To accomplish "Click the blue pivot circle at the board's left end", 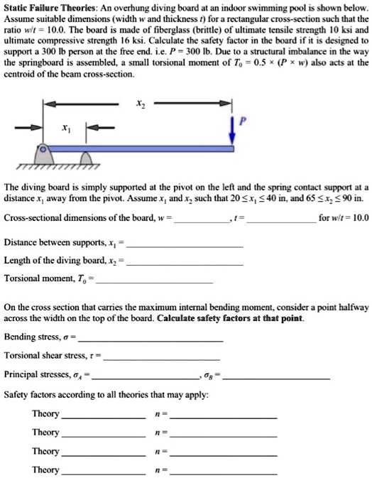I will pos(43,152).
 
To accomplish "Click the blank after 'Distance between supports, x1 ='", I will pos(186,244).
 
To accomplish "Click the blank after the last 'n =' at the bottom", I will pos(224,472).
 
